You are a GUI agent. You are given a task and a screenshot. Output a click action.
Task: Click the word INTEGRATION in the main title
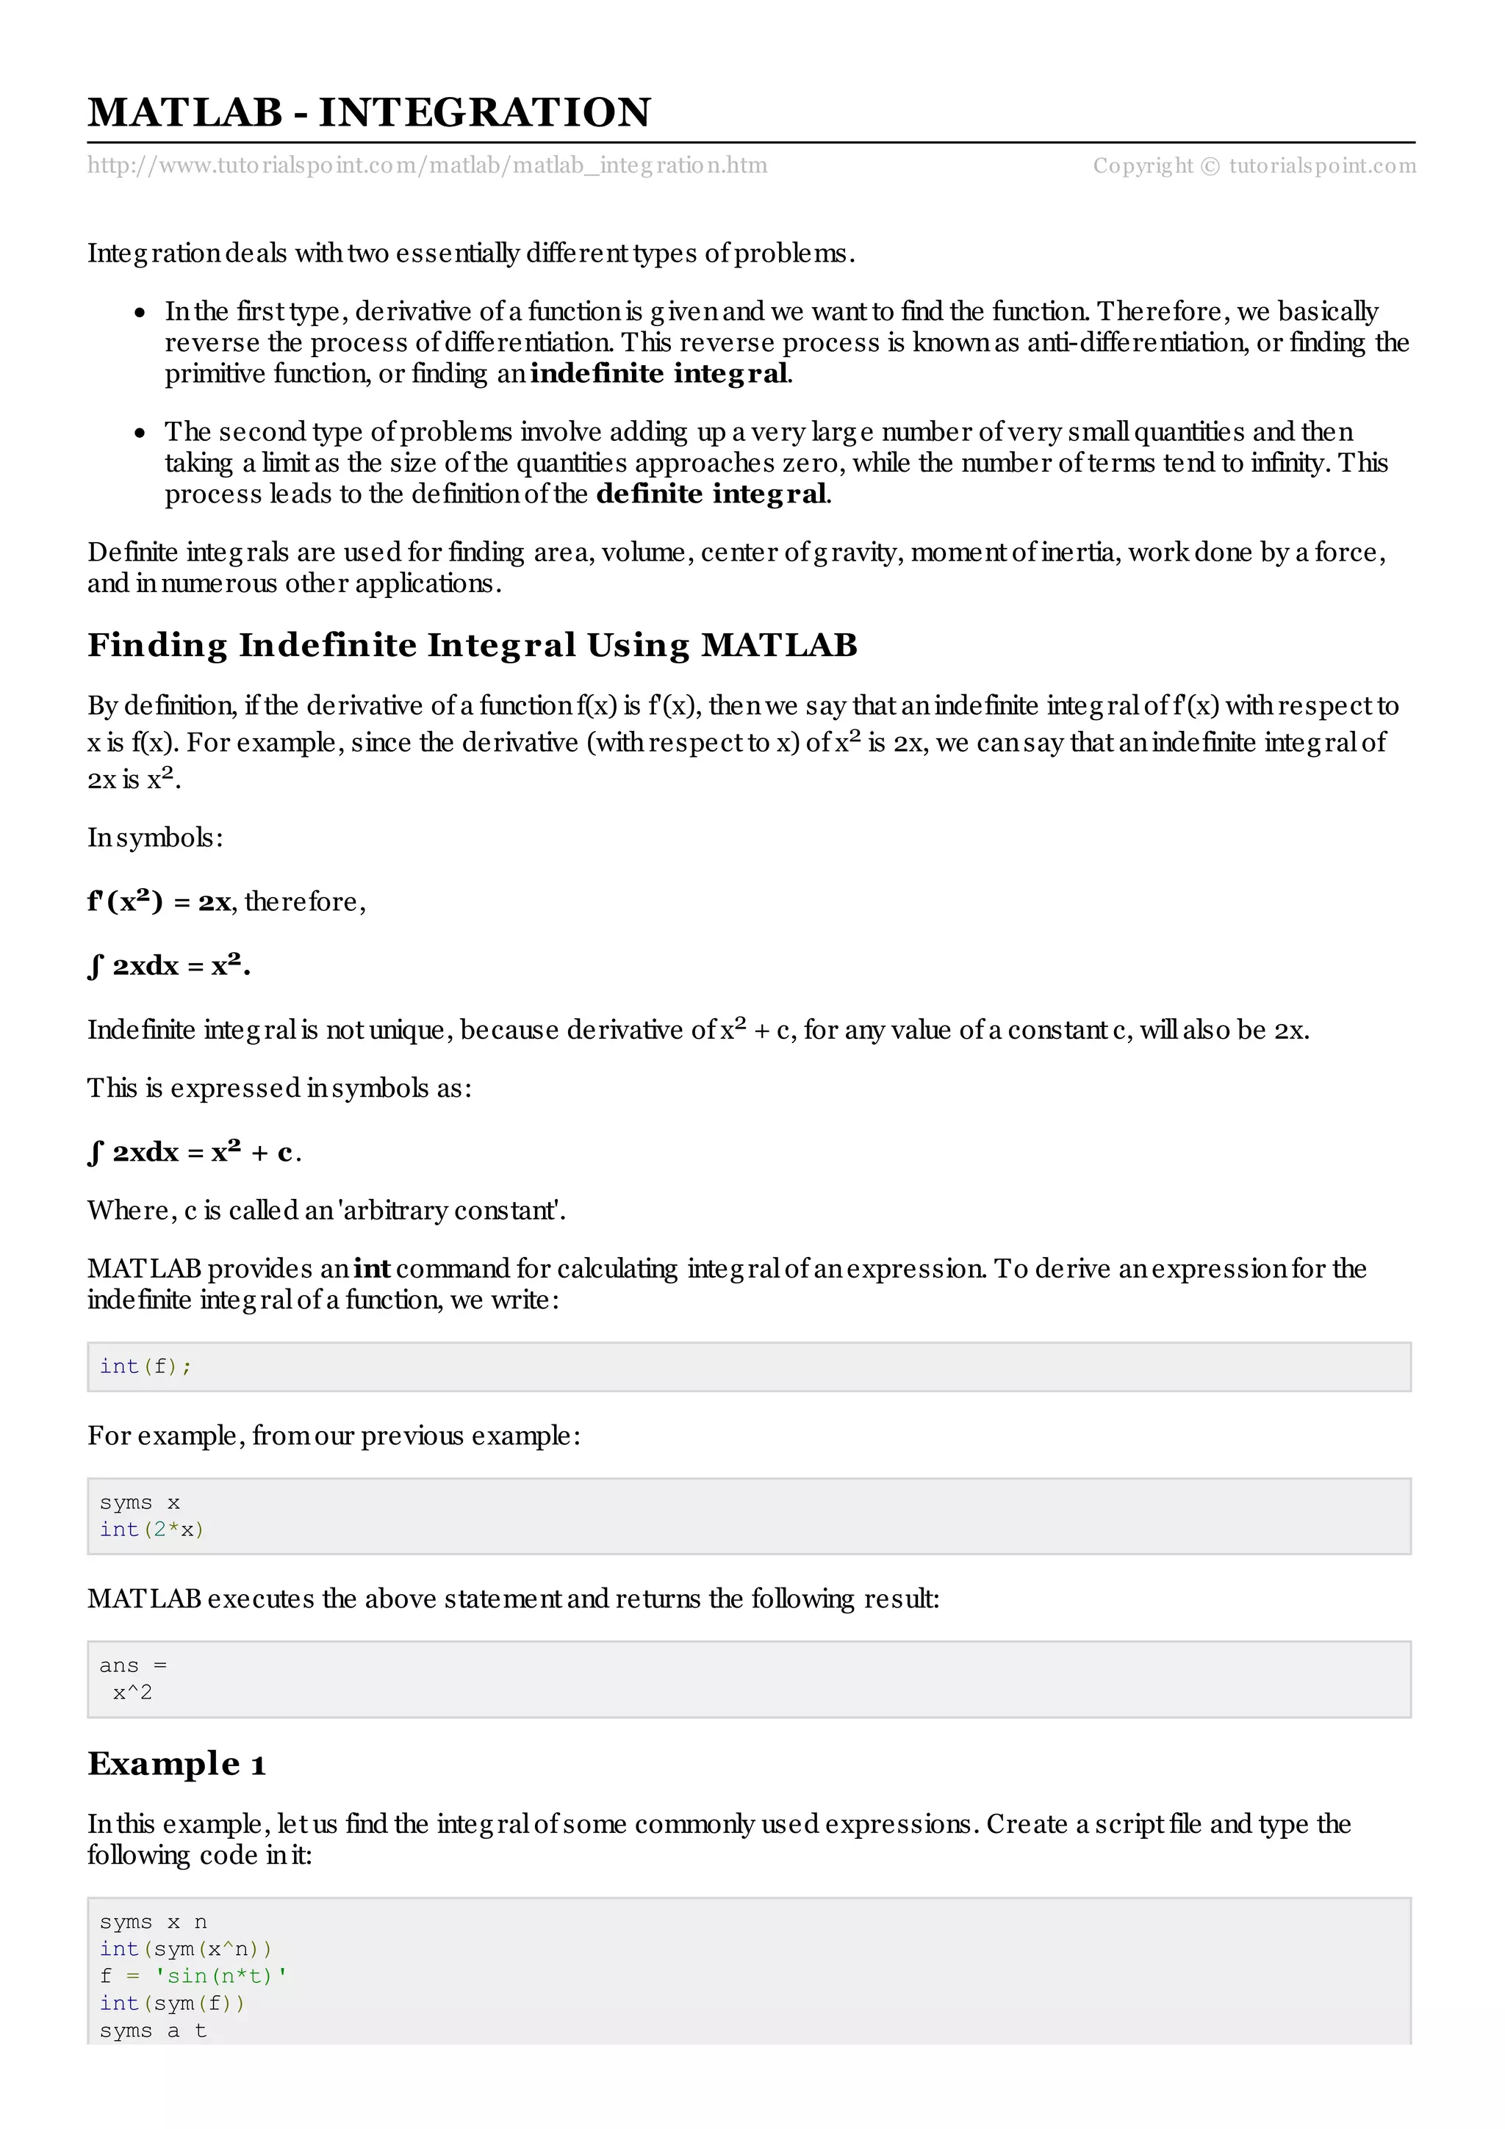point(484,113)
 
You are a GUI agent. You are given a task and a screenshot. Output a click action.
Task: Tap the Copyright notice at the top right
point(1254,166)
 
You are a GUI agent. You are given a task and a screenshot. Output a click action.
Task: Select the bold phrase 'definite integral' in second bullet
point(712,494)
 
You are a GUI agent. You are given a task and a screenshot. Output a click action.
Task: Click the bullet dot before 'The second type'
point(140,433)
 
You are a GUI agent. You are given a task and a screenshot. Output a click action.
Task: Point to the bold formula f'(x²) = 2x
point(159,902)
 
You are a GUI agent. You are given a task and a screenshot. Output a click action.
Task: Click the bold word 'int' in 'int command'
point(372,1269)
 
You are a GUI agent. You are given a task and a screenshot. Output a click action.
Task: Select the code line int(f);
point(146,1366)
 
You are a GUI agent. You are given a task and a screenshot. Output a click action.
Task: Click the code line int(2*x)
point(151,1530)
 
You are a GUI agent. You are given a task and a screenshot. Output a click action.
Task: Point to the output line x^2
point(132,1693)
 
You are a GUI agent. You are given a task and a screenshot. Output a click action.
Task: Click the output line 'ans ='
point(132,1666)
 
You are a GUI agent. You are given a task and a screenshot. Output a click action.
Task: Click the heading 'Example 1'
point(176,1765)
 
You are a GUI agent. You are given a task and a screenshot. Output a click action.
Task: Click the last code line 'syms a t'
point(153,2031)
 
